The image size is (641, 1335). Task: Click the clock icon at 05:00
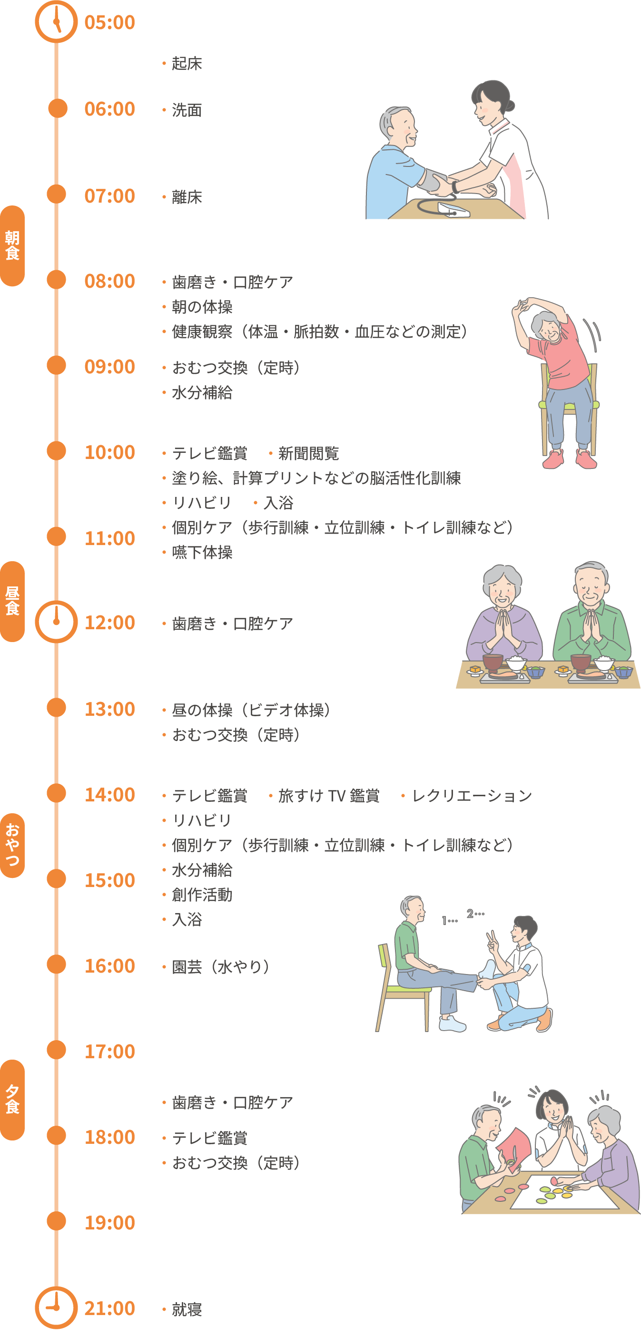point(56,22)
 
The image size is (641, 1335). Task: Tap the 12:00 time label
point(110,623)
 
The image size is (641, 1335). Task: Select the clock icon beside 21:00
point(56,1307)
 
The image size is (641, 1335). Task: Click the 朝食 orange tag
point(12,246)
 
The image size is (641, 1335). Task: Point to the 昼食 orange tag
point(12,601)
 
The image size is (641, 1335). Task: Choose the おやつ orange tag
point(12,845)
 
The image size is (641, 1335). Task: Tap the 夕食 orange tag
point(12,1100)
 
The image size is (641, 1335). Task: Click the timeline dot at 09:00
point(57,365)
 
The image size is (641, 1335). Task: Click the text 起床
point(187,64)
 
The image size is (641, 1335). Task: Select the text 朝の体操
point(202,307)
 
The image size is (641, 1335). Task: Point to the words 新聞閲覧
point(308,453)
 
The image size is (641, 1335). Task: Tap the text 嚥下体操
point(202,553)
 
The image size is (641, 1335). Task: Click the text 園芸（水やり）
point(220,967)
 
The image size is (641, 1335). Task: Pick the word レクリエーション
point(472,796)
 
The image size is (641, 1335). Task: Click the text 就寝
point(187,1310)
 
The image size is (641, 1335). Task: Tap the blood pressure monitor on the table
point(454,210)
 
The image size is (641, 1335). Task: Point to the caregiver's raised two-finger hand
point(491,938)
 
